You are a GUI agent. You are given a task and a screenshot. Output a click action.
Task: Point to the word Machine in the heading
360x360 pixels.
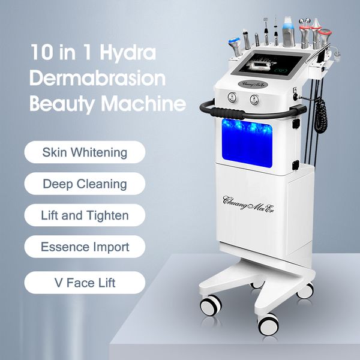(x=142, y=104)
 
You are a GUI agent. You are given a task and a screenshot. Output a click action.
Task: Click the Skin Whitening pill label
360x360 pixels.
(x=85, y=152)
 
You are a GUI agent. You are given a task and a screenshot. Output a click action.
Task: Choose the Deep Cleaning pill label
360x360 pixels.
(x=85, y=184)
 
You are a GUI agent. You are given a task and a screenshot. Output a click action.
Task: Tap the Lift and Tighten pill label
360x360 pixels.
(x=85, y=215)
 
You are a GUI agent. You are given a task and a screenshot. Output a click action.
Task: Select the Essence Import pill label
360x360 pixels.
(x=85, y=247)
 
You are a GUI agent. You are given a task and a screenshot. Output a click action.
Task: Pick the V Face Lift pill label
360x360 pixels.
(x=85, y=282)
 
